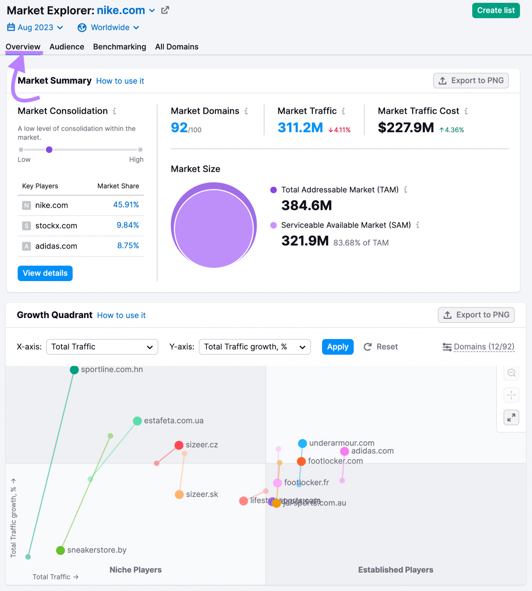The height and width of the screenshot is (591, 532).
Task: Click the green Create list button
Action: coord(496,10)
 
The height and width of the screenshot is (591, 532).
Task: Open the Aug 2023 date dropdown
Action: coord(35,28)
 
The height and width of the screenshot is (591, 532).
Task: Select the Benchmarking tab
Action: coord(119,47)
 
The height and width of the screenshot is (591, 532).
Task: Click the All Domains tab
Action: coord(177,47)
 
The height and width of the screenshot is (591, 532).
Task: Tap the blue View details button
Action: coord(45,273)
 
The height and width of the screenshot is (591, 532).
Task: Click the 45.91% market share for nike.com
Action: coord(126,205)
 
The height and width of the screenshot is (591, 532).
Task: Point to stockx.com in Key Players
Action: coord(56,226)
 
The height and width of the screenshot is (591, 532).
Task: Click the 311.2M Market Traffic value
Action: coord(300,128)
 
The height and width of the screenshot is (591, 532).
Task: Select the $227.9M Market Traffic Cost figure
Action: coord(406,128)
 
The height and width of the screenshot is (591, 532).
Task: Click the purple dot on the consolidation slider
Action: coord(49,150)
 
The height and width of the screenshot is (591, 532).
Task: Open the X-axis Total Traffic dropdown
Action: coord(102,347)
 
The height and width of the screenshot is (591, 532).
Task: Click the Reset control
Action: coord(381,347)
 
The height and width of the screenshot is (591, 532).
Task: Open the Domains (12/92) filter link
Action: coord(484,347)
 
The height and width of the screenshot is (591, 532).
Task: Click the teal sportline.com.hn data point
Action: coord(74,370)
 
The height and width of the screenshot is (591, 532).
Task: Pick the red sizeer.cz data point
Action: coord(179,445)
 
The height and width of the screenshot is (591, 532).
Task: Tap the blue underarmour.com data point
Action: coord(303,443)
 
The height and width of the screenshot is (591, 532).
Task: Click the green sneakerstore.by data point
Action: coord(61,550)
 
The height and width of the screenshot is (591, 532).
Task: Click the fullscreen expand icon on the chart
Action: coord(511,417)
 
